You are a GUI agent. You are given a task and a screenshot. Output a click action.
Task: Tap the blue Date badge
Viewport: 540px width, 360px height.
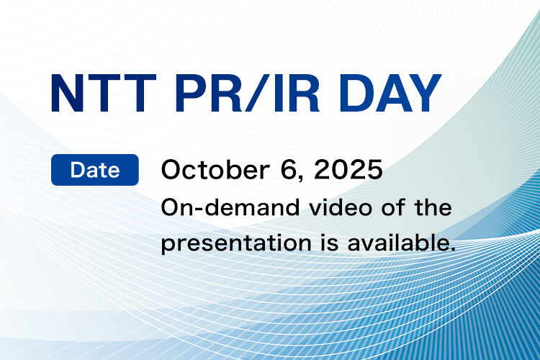point(95,171)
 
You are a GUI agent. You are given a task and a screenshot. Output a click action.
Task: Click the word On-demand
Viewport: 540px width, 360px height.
point(216,208)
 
